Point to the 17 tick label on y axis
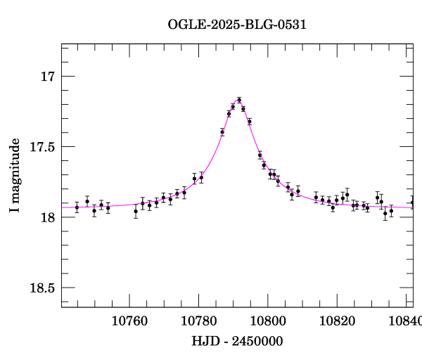pyautogui.click(x=46, y=76)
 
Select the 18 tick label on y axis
pyautogui.click(x=46, y=217)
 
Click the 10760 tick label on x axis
pyautogui.click(x=130, y=320)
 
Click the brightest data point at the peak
pyautogui.click(x=239, y=100)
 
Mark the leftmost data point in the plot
pyautogui.click(x=77, y=207)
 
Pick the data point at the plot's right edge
pyautogui.click(x=412, y=202)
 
